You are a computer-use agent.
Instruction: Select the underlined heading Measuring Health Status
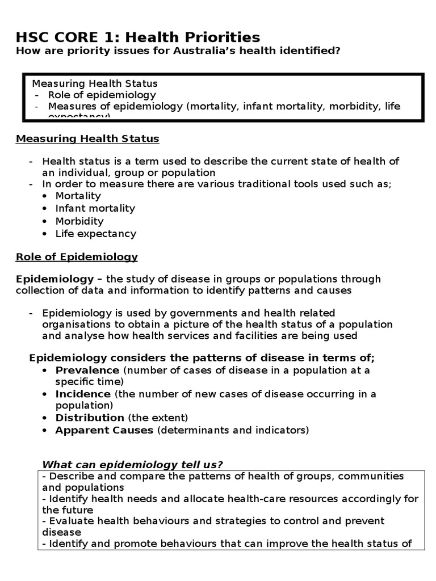(x=87, y=138)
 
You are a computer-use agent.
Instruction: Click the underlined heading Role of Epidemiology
(x=77, y=256)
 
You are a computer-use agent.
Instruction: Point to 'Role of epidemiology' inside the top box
(x=102, y=95)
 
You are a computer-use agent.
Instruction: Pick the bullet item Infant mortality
(x=95, y=208)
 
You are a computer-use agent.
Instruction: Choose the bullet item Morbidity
(x=79, y=221)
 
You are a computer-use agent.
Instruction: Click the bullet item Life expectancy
(x=95, y=233)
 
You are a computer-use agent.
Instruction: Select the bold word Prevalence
(x=87, y=370)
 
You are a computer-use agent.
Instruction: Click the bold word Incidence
(x=83, y=394)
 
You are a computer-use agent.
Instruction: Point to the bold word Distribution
(x=90, y=418)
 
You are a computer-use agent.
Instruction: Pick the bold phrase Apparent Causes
(x=104, y=430)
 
